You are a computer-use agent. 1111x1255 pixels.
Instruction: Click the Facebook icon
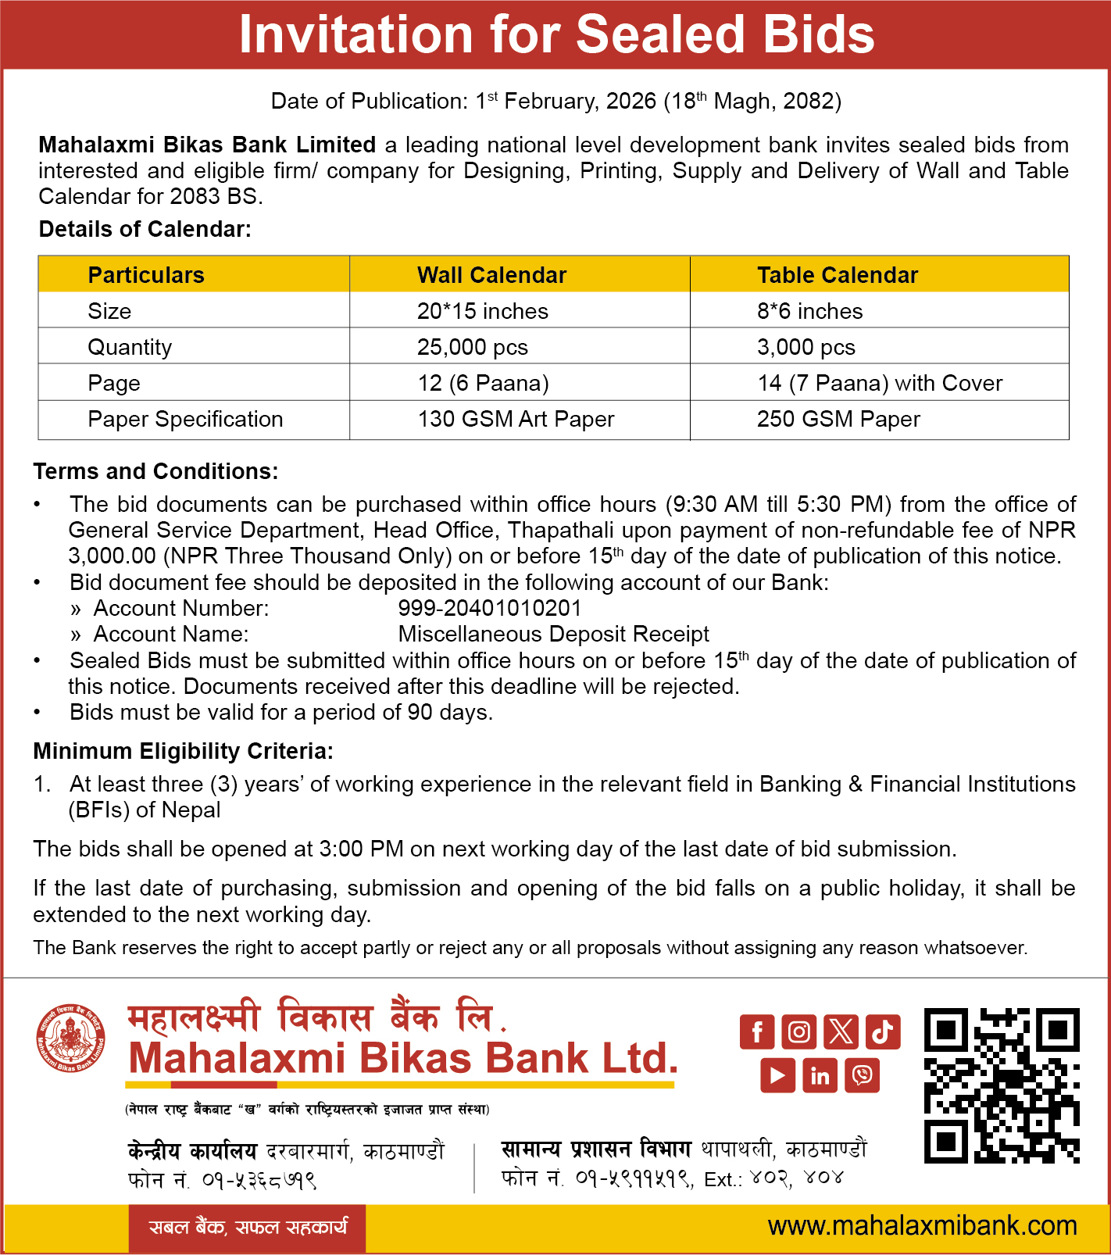pos(757,1032)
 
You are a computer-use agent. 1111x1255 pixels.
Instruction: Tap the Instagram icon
pos(798,1032)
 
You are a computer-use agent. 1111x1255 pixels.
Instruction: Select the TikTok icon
pos(883,1032)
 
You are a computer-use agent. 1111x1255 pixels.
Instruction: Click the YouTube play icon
pos(777,1075)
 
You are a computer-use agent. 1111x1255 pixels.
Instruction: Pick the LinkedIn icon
pos(820,1075)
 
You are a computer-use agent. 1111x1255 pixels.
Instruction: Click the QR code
pos(1002,1085)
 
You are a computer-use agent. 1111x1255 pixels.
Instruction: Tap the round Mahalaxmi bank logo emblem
pos(71,1039)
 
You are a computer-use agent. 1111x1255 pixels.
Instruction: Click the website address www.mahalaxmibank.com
pos(922,1226)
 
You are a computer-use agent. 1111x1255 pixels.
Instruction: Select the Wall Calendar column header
pos(491,275)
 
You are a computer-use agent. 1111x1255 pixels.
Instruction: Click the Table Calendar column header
pos(837,275)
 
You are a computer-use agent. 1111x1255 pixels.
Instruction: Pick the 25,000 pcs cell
pos(473,347)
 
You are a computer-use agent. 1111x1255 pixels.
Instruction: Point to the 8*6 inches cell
pos(809,311)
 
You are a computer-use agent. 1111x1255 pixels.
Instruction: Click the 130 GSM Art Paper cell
pos(516,419)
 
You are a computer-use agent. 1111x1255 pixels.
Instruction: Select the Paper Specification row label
pos(185,419)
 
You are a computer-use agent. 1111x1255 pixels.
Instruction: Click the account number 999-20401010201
pos(490,608)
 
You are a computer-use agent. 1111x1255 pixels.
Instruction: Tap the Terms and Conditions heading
pos(155,471)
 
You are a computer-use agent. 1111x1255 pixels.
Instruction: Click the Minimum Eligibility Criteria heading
pos(183,751)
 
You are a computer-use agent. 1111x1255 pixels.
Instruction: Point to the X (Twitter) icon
pos(841,1032)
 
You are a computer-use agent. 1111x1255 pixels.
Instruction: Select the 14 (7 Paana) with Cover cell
pos(879,383)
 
